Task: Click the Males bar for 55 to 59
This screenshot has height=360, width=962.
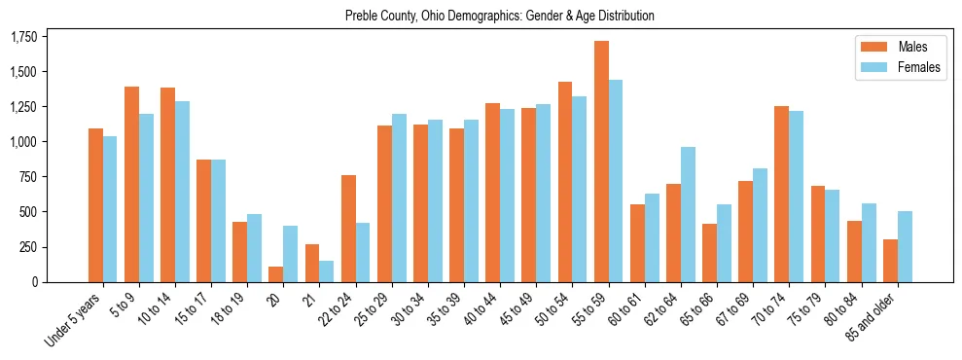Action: click(x=601, y=162)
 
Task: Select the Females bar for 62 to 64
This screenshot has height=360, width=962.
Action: click(x=688, y=215)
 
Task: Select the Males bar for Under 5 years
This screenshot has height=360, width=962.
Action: click(x=95, y=205)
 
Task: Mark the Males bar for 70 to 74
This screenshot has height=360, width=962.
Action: click(x=781, y=194)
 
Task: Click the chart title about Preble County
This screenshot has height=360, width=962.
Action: click(x=499, y=16)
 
